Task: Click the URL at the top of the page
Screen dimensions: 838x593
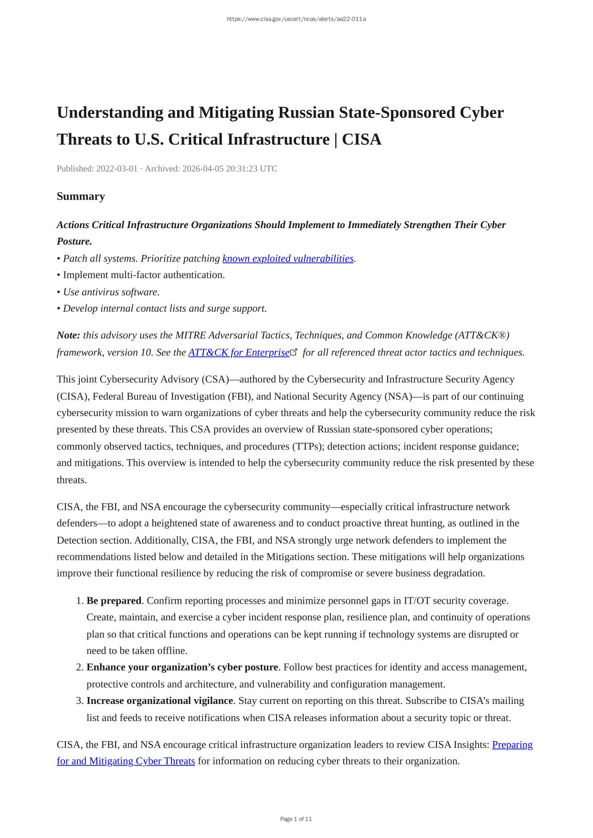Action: [296, 19]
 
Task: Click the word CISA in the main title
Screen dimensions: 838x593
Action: [361, 139]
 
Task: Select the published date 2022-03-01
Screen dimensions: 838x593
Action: [116, 168]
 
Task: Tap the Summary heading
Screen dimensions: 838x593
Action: [81, 196]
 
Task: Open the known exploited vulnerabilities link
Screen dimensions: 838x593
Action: [288, 258]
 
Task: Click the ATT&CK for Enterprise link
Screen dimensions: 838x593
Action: [239, 352]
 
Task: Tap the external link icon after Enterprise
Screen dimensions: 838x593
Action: [294, 352]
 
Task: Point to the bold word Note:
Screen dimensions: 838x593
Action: [68, 335]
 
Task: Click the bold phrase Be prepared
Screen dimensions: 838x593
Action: [114, 600]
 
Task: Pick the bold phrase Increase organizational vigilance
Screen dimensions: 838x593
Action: [159, 701]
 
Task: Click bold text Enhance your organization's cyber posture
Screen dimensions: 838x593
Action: [182, 667]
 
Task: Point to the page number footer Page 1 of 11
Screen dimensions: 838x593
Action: [296, 819]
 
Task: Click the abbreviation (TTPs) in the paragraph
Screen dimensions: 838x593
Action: [307, 446]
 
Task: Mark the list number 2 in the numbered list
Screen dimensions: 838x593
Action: [80, 667]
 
